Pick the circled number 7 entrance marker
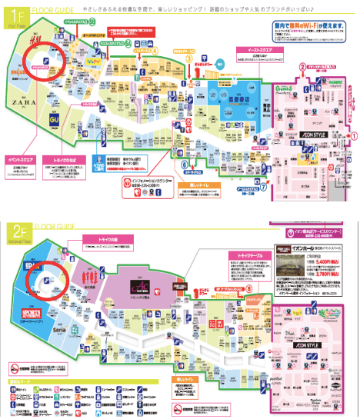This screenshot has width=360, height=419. pyautogui.click(x=262, y=188)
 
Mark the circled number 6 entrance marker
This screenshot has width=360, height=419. pyautogui.click(x=184, y=163)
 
